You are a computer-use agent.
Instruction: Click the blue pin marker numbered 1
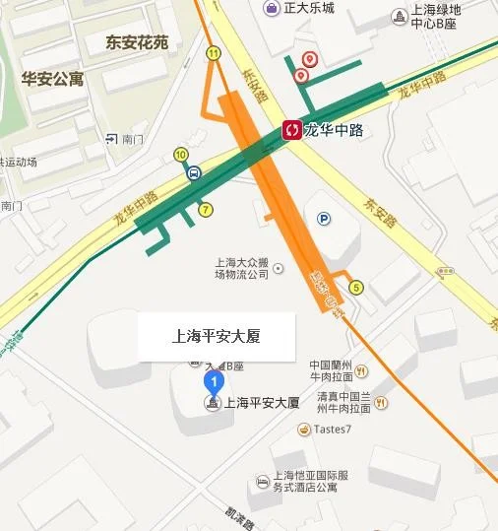[213, 380]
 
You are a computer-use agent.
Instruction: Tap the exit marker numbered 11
[214, 52]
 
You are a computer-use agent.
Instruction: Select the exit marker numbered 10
[180, 154]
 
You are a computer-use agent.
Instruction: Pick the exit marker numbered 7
[205, 209]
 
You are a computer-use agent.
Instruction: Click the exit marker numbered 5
[356, 288]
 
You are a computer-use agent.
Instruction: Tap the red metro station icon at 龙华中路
[291, 129]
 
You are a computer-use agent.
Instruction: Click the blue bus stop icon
[195, 173]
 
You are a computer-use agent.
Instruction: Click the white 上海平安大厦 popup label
[217, 336]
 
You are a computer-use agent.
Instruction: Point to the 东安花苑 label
[137, 42]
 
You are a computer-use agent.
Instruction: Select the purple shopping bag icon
[270, 9]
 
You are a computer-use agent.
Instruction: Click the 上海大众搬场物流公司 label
[242, 269]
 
